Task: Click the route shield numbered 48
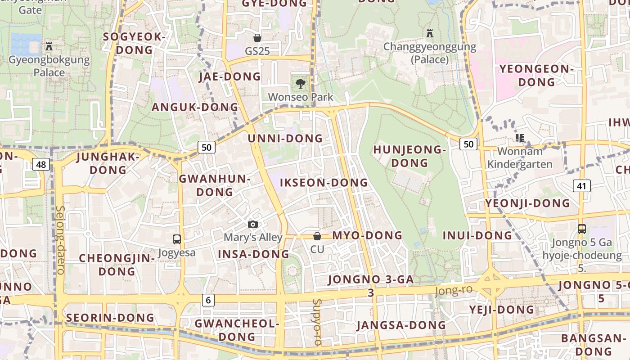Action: coord(41,164)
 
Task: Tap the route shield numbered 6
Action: coord(208,300)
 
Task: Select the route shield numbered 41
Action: coord(582,185)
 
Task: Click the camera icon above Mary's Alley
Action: coord(253,224)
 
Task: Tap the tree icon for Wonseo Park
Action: coord(300,83)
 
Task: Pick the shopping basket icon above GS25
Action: coord(257,37)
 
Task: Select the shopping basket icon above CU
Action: coord(317,236)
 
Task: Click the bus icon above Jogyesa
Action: coord(177,239)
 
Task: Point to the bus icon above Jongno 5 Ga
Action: coord(582,229)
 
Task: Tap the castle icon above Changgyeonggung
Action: coord(430,33)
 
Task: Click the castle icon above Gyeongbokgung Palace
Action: coord(49,46)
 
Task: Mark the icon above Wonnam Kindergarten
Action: coord(520,138)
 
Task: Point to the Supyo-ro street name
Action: coord(317,322)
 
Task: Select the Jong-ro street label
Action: coord(454,290)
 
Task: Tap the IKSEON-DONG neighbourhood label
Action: coord(324,183)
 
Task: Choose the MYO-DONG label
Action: coord(367,235)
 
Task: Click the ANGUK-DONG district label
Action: coord(194,107)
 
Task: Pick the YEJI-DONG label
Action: coord(502,310)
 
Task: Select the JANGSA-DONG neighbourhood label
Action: coord(401,325)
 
